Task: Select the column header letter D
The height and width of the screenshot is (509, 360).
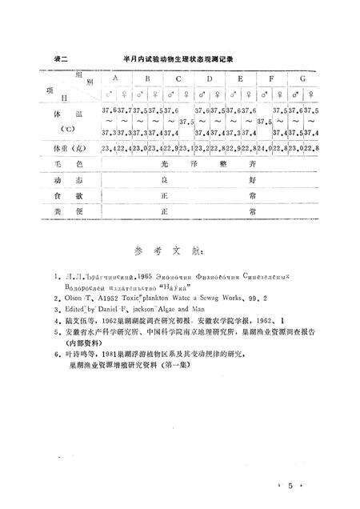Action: pyautogui.click(x=209, y=78)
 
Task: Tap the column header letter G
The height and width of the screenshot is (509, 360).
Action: pyautogui.click(x=302, y=78)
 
